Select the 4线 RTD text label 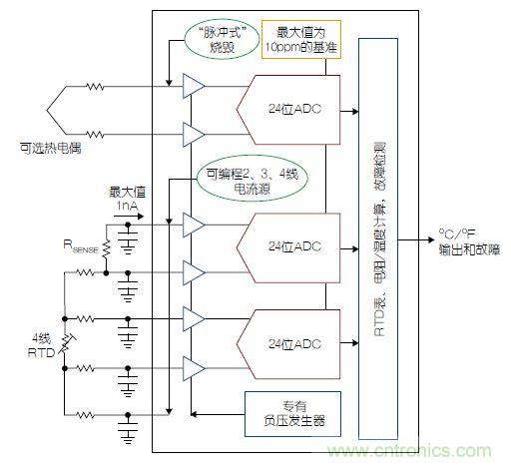39,344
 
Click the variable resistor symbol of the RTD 67,344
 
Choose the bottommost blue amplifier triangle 193,370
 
